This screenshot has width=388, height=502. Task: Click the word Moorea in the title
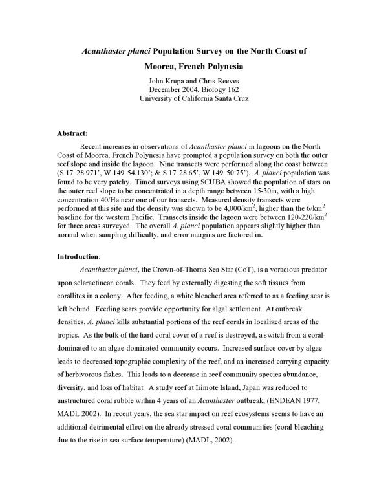pos(163,66)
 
